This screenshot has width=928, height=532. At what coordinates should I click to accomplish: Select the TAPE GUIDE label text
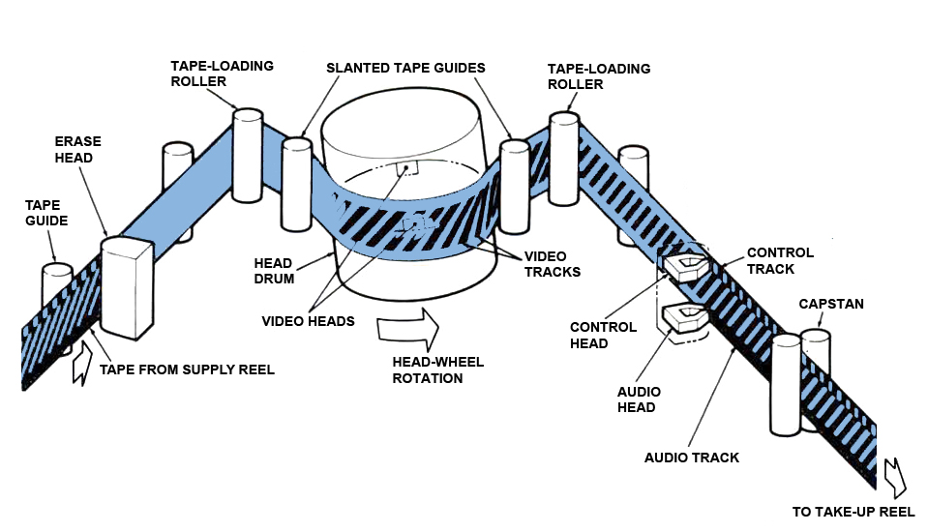click(x=46, y=213)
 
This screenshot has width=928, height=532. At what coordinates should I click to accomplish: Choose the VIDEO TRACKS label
click(x=552, y=264)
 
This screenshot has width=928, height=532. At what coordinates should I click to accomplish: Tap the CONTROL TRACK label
click(x=780, y=261)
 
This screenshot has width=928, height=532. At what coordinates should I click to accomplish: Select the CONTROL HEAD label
click(x=603, y=335)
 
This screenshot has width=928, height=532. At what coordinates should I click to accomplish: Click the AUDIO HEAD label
click(x=639, y=399)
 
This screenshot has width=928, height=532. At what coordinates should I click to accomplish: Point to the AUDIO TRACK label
click(x=692, y=458)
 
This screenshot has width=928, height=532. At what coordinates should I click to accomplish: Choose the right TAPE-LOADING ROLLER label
click(x=598, y=76)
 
